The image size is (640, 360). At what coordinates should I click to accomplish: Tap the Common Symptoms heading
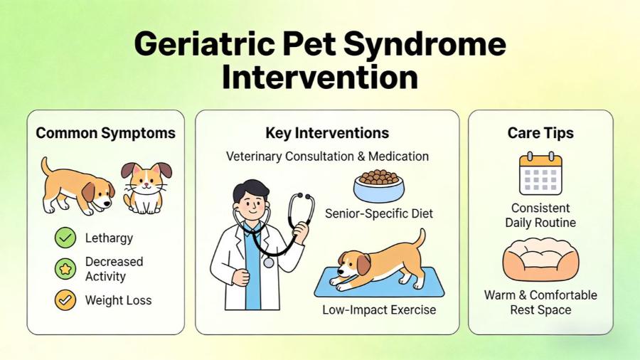tap(105, 133)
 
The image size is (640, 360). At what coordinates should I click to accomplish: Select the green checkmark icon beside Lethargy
tap(65, 238)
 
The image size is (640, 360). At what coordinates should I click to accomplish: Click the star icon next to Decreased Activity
tap(65, 269)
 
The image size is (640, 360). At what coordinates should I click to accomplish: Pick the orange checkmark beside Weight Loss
tap(65, 300)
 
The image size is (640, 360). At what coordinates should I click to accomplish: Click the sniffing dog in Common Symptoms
tap(77, 186)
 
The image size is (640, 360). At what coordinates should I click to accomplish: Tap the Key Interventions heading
tap(327, 133)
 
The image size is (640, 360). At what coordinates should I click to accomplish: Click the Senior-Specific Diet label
tap(378, 213)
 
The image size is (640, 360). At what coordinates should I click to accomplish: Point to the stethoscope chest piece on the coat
tap(268, 262)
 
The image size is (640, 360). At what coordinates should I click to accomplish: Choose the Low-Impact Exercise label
tap(379, 310)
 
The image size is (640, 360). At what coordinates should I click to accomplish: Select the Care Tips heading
tap(540, 133)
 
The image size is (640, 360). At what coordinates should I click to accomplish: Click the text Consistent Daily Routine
tap(540, 216)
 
